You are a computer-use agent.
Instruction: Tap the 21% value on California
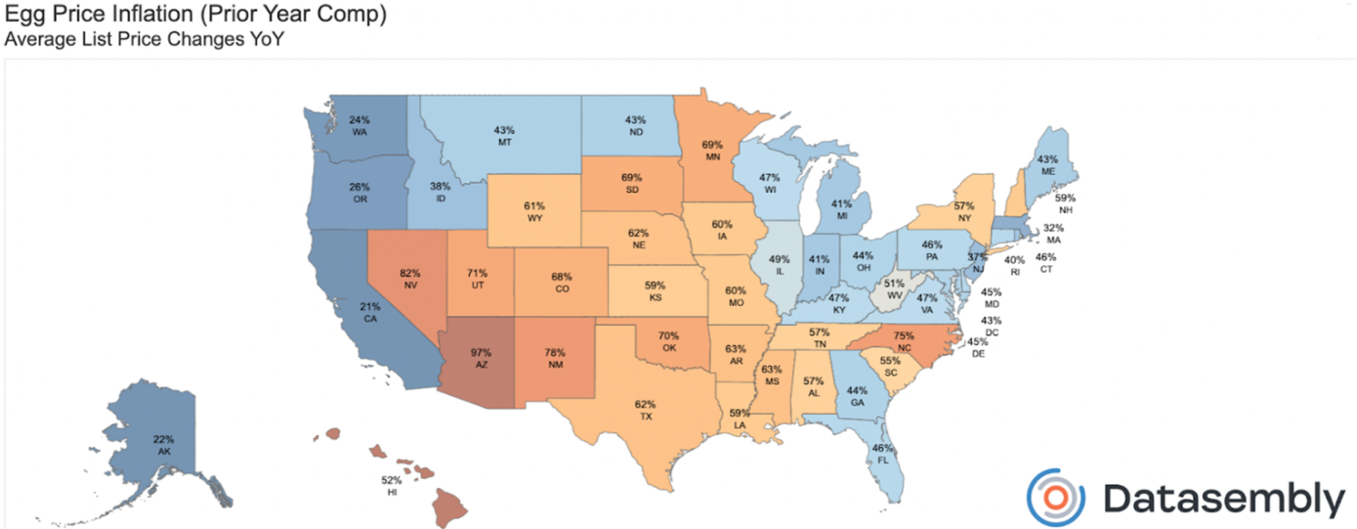point(369,306)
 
